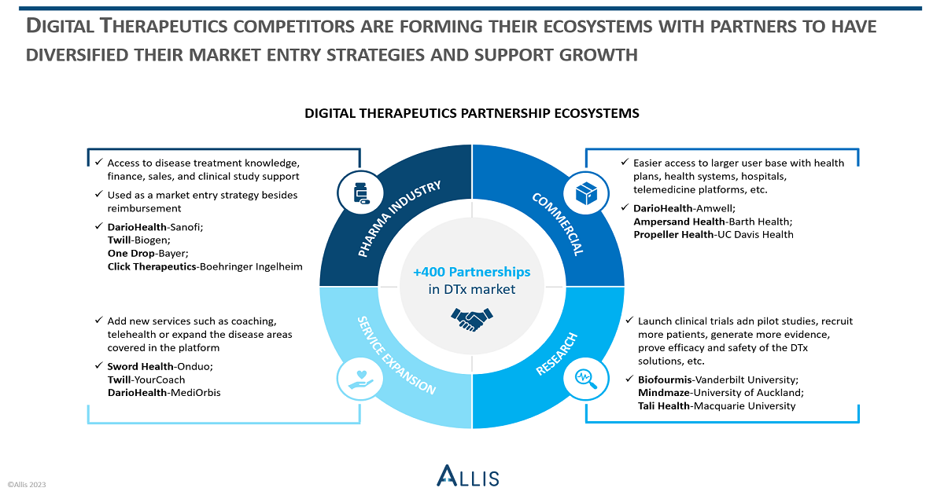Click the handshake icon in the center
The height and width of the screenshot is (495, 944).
click(x=471, y=320)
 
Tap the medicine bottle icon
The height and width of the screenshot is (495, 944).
click(x=361, y=193)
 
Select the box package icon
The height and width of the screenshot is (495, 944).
click(x=586, y=193)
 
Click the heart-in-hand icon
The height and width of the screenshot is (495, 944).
click(x=361, y=379)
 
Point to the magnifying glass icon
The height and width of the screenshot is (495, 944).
click(x=586, y=379)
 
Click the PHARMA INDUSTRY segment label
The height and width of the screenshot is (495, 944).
click(x=399, y=218)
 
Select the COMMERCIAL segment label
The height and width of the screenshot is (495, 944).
click(x=558, y=224)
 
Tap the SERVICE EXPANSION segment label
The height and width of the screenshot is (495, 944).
click(x=396, y=356)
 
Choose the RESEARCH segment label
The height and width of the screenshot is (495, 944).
click(x=556, y=354)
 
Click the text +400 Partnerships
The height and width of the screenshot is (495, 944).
click(x=471, y=272)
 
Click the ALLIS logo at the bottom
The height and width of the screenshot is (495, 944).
click(x=468, y=475)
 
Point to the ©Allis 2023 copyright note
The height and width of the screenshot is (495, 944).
click(x=27, y=485)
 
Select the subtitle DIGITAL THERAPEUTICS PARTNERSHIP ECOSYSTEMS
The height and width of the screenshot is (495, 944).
click(x=471, y=113)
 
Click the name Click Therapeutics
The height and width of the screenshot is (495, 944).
click(x=152, y=266)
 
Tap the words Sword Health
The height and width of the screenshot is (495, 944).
click(x=140, y=366)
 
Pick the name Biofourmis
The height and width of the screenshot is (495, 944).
click(x=665, y=379)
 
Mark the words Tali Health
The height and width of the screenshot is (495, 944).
click(x=663, y=405)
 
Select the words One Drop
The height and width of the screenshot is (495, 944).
click(x=131, y=253)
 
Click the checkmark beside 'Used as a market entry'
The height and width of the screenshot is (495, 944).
click(x=98, y=194)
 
